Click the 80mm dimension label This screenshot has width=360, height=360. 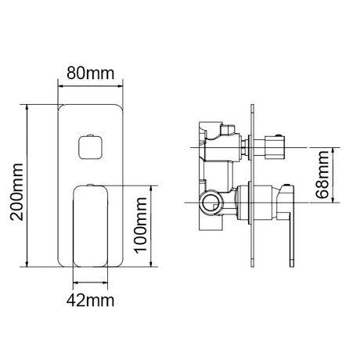click(91, 74)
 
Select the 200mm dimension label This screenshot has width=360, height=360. click(16, 192)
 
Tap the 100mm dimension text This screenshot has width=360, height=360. click(141, 225)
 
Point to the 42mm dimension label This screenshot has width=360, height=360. click(90, 301)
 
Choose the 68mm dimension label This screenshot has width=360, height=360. click(322, 175)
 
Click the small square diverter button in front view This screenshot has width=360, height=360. click(90, 147)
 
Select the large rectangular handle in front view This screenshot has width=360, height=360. click(90, 226)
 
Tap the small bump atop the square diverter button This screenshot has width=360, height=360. click(90, 135)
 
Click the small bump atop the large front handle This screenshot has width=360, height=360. click(90, 185)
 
